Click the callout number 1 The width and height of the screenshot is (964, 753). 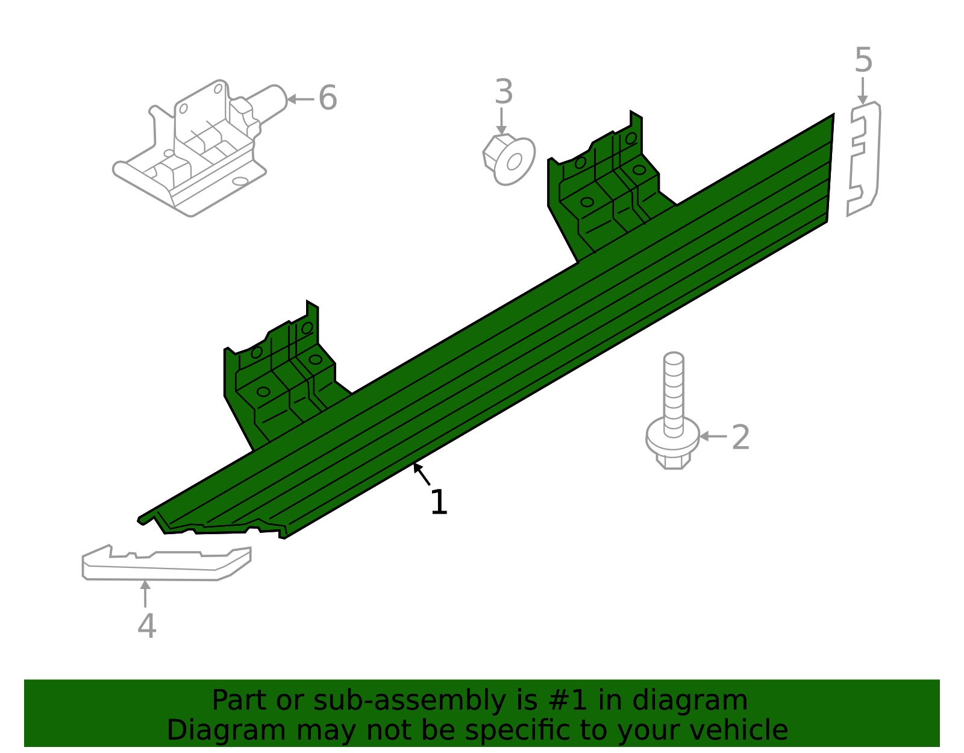pos(439,502)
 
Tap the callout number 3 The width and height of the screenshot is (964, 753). pos(504,92)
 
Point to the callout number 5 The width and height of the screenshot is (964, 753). pos(863,60)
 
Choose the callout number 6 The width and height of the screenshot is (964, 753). pos(327,98)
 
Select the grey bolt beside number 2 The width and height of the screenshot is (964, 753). pos(673,410)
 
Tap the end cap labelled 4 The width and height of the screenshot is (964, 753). pos(166,564)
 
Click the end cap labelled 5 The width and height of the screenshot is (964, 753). pos(865,159)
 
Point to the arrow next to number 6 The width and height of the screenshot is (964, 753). pos(299,99)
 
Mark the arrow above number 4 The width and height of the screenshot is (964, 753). pos(145,593)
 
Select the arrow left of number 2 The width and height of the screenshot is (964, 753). pos(713,436)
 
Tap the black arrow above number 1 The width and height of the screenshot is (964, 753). pos(422,474)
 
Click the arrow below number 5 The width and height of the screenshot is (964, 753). pos(863,90)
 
